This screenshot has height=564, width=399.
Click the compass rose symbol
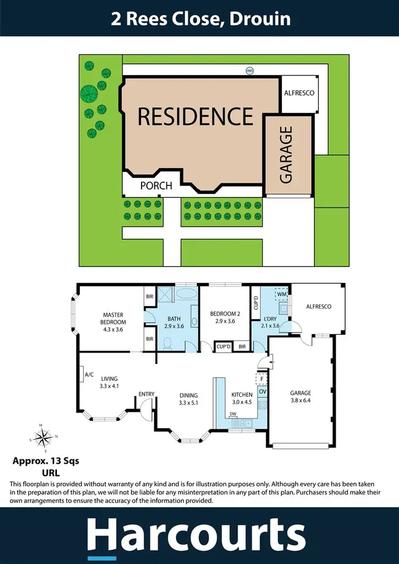pyautogui.click(x=42, y=438)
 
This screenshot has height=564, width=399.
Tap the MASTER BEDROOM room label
pyautogui.click(x=114, y=318)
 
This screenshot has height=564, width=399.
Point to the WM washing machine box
pyautogui.click(x=281, y=293)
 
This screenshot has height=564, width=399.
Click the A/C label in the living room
pyautogui.click(x=89, y=375)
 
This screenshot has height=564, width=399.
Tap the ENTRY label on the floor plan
pyautogui.click(x=146, y=394)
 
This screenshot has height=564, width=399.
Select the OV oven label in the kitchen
pyautogui.click(x=262, y=392)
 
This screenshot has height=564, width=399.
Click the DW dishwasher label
pyautogui.click(x=233, y=413)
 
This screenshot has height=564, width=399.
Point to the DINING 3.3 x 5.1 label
pyautogui.click(x=188, y=399)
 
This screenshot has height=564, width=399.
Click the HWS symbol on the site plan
pyautogui.click(x=250, y=70)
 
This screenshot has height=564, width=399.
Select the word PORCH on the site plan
pyautogui.click(x=156, y=186)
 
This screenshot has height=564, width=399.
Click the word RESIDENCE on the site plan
pyautogui.click(x=195, y=116)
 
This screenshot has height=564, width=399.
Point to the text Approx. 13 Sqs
pyautogui.click(x=46, y=461)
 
